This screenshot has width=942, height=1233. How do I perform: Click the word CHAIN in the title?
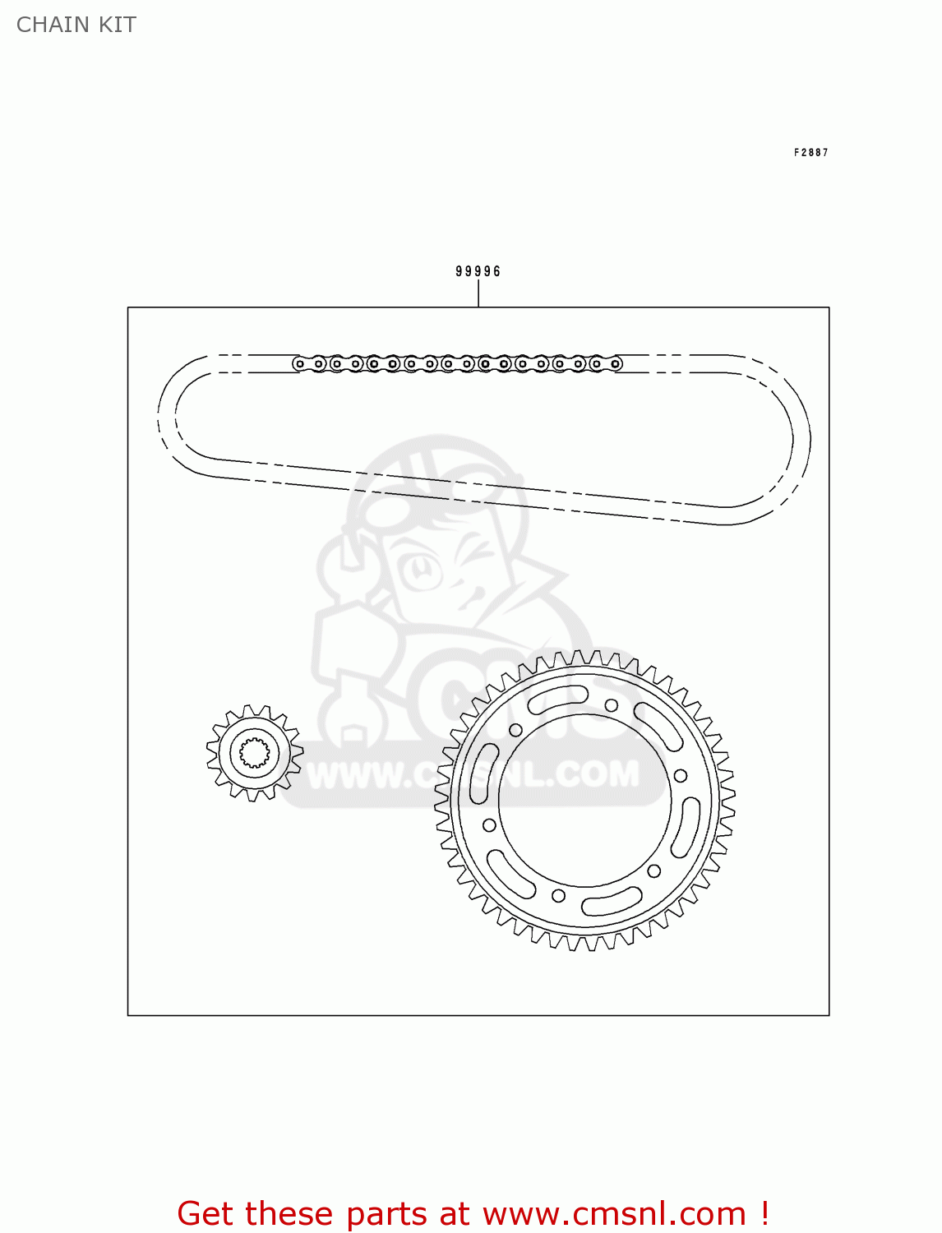pos(53,25)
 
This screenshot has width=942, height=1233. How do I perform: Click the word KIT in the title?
pos(118,25)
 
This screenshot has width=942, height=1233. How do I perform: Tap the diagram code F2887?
pos(810,153)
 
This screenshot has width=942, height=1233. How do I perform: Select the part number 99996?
pos(478,271)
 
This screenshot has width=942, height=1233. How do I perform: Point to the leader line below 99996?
pos(478,293)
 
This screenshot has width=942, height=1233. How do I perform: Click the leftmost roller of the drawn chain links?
pos(300,363)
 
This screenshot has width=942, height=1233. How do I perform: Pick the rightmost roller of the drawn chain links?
pos(616,363)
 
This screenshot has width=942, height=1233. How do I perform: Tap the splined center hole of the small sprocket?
pos(255,753)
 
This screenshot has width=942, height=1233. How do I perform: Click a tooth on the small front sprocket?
pos(254,710)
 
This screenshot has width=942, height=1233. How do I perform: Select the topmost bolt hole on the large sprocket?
pos(612,705)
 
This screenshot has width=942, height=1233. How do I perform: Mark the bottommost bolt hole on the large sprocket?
pos(558,895)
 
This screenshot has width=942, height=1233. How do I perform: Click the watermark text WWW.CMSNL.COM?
pos(473,774)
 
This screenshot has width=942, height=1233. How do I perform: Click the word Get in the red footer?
pos(208,1213)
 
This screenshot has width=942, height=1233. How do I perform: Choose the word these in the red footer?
pos(291,1213)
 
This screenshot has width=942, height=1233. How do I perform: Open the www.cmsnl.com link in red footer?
pos(613,1213)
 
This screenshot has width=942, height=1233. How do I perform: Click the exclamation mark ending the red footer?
pos(764,1213)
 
